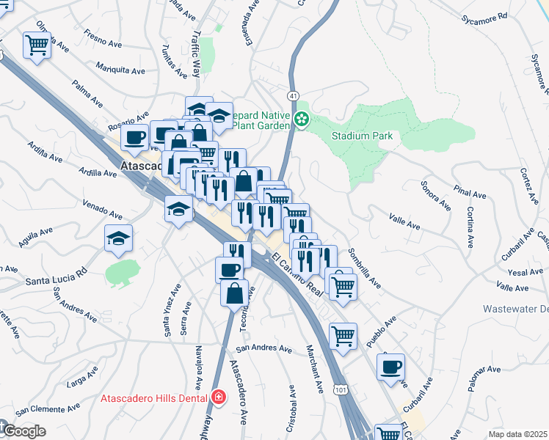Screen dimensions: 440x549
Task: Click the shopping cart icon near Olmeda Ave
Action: pos(37,45)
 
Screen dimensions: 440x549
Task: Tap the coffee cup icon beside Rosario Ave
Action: pos(136,136)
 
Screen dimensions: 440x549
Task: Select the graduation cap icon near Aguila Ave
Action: pos(118,238)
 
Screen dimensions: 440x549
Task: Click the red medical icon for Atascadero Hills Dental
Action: pos(218,397)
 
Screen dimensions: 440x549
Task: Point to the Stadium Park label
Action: pos(362,136)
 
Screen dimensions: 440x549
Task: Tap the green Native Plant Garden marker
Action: pos(301,119)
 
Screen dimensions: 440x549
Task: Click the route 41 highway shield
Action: pos(292,96)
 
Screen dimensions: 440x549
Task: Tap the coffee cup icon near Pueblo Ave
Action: pos(390,366)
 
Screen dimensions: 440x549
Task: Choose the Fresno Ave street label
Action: pos(103,38)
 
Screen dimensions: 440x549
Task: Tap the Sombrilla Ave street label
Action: pos(364,266)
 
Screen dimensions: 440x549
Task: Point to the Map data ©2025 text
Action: pos(517,434)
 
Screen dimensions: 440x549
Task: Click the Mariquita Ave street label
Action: pos(121,70)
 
